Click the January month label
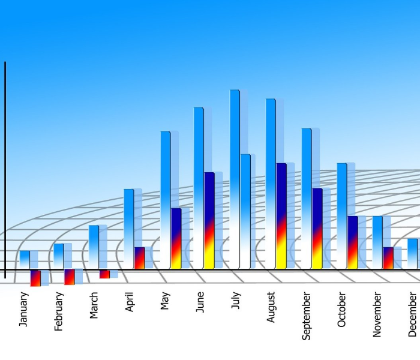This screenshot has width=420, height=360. pyautogui.click(x=24, y=309)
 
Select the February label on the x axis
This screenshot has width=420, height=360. pyautogui.click(x=59, y=311)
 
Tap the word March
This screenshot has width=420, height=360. pyautogui.click(x=94, y=305)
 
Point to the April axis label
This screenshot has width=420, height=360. pyautogui.click(x=130, y=302)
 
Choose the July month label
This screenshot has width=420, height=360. pyautogui.click(x=236, y=301)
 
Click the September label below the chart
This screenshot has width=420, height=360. pyautogui.click(x=307, y=316)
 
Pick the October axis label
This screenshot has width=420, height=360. pyautogui.click(x=342, y=310)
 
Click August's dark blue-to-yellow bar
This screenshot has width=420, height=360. pyautogui.click(x=281, y=215)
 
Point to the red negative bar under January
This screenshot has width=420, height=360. pyautogui.click(x=35, y=278)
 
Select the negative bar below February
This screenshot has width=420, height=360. pyautogui.click(x=70, y=277)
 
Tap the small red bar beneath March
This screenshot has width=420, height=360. pyautogui.click(x=104, y=274)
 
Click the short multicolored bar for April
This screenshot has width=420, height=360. pyautogui.click(x=139, y=258)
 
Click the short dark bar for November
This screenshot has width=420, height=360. pyautogui.click(x=388, y=258)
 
